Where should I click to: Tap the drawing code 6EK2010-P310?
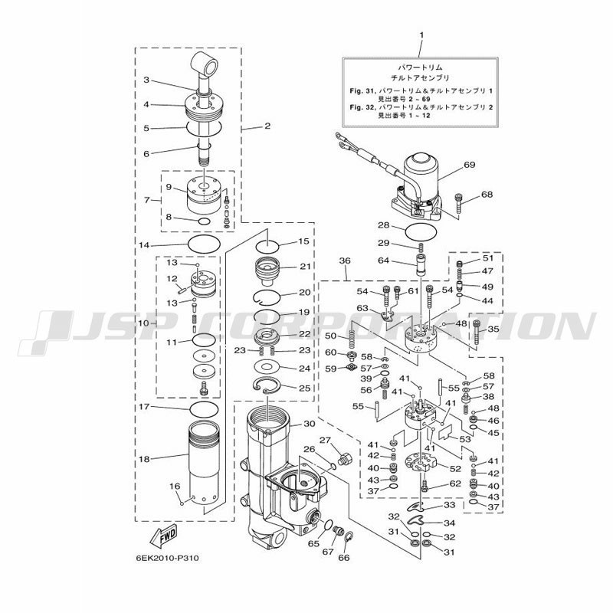(167, 558)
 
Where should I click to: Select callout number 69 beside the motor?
(469, 165)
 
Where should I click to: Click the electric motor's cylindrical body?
(421, 172)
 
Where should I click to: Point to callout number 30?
(310, 424)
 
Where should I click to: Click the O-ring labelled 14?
(204, 244)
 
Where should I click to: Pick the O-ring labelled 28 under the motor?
(421, 232)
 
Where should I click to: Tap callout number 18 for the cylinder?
(144, 459)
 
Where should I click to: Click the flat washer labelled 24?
(267, 367)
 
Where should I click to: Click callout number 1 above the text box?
(421, 35)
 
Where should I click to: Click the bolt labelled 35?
(477, 332)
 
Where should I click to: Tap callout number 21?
(305, 266)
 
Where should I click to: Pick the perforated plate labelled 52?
(421, 463)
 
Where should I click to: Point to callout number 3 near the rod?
(146, 80)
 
